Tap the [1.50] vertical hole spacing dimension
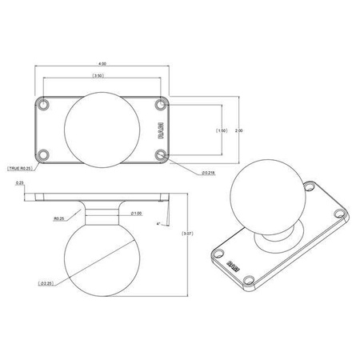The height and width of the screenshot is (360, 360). click(223, 129)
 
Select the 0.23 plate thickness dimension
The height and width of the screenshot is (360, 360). click(19, 183)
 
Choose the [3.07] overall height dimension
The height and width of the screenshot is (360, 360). click(186, 233)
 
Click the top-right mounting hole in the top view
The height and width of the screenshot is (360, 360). click(162, 105)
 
